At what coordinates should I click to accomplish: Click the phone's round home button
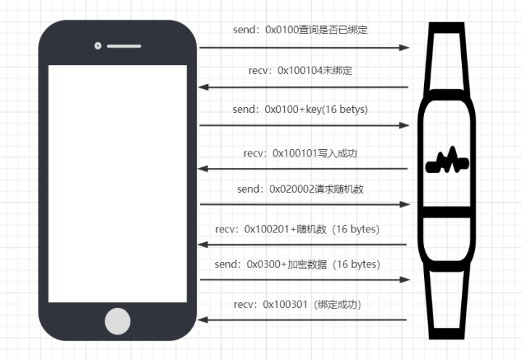pyautogui.click(x=118, y=320)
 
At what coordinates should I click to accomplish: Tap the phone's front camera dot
pyautogui.click(x=97, y=46)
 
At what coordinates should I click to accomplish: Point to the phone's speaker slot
pyautogui.click(x=124, y=46)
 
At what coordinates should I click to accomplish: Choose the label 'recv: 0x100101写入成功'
pyautogui.click(x=301, y=153)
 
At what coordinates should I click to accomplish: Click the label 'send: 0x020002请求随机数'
pyautogui.click(x=300, y=189)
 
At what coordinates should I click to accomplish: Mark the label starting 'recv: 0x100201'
pyautogui.click(x=298, y=229)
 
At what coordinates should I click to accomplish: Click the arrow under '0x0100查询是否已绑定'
pyautogui.click(x=304, y=48)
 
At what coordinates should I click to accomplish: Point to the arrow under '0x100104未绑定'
pyautogui.click(x=304, y=87)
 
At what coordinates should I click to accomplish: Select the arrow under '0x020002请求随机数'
pyautogui.click(x=304, y=204)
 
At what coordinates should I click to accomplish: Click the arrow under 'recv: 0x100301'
pyautogui.click(x=304, y=319)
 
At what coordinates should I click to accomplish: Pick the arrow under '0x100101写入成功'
pyautogui.click(x=304, y=169)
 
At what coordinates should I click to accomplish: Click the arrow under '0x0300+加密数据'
pyautogui.click(x=304, y=280)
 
